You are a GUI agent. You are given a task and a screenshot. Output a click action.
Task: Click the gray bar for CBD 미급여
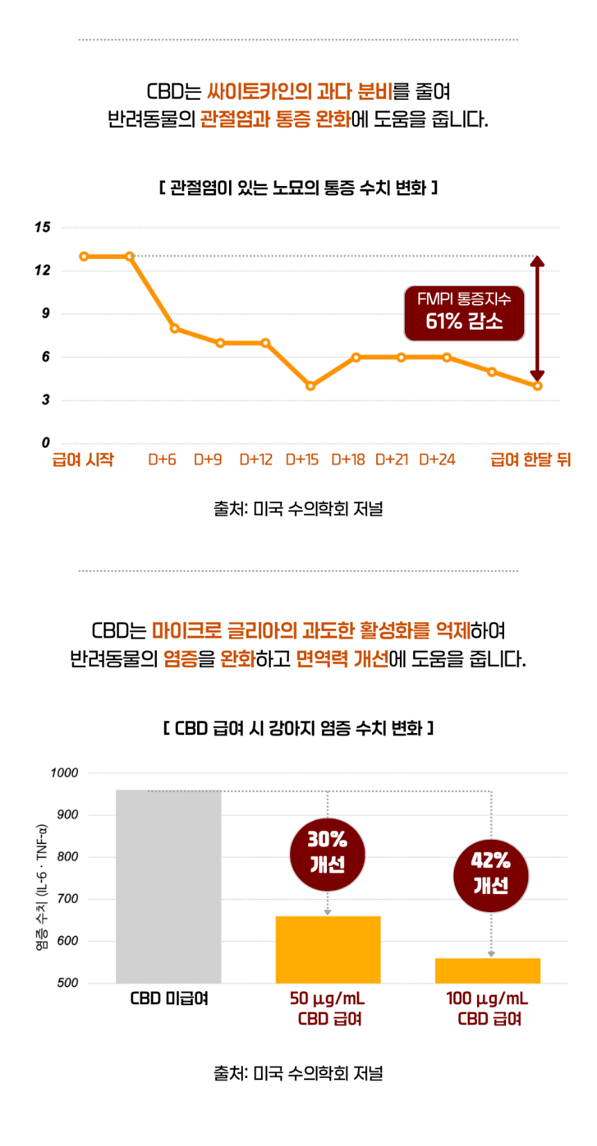pyautogui.click(x=169, y=886)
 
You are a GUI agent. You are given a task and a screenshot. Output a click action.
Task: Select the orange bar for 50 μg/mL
pyautogui.click(x=328, y=950)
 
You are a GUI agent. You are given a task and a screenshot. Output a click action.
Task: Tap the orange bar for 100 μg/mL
pyautogui.click(x=487, y=970)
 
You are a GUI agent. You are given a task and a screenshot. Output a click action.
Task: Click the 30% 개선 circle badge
pyautogui.click(x=328, y=853)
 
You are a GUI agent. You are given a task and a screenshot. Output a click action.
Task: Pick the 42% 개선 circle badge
pyautogui.click(x=491, y=875)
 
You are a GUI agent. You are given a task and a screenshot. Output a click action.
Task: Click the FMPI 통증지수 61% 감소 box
pyautogui.click(x=464, y=313)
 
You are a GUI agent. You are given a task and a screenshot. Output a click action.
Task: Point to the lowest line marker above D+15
pyautogui.click(x=310, y=386)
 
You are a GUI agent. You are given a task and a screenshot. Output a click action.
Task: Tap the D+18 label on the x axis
pyautogui.click(x=348, y=460)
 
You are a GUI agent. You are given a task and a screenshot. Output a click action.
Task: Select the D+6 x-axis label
pyautogui.click(x=162, y=460)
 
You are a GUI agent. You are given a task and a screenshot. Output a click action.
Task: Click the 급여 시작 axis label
pyautogui.click(x=83, y=460)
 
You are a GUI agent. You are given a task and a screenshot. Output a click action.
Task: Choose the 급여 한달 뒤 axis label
pyautogui.click(x=530, y=460)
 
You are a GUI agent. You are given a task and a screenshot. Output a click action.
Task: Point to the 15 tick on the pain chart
pyautogui.click(x=42, y=227)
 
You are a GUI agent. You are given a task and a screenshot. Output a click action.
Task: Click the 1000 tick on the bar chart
pyautogui.click(x=65, y=773)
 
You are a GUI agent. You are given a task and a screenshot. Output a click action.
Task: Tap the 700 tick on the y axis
pyautogui.click(x=67, y=899)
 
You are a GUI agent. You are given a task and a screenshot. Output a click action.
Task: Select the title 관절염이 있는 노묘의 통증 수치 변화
pyautogui.click(x=298, y=187)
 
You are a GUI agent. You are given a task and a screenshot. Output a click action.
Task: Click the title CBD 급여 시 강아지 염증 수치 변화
pyautogui.click(x=298, y=728)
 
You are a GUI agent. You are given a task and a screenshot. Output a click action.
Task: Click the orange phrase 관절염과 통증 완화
pyautogui.click(x=275, y=119)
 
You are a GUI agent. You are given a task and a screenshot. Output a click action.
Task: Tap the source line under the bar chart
pyautogui.click(x=298, y=1073)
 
